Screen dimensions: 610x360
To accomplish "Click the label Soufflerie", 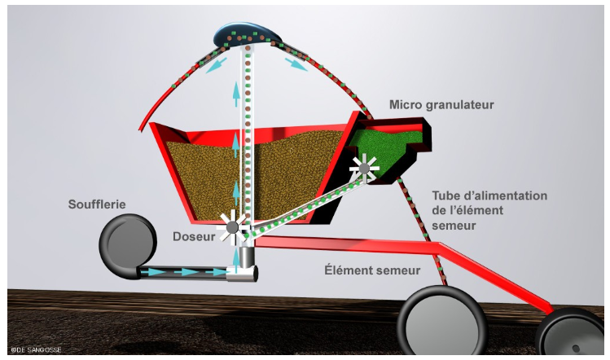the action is click(x=97, y=204).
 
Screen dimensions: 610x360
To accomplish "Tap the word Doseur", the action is click(x=194, y=236).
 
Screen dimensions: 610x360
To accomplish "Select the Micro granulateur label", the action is click(x=441, y=105).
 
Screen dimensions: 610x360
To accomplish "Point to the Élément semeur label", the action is click(x=372, y=270).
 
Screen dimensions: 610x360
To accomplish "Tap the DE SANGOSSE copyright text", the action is click(x=36, y=350).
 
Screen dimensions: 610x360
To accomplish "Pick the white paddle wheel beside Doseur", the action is click(x=232, y=227).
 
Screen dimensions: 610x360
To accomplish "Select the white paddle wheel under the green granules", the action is click(x=364, y=169).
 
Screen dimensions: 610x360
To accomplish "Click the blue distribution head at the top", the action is click(x=247, y=36).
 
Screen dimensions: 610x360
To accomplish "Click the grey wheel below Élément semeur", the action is click(x=442, y=321).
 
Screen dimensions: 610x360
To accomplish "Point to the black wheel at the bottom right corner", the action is click(x=571, y=335).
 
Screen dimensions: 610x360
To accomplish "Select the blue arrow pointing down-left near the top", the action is click(x=216, y=65).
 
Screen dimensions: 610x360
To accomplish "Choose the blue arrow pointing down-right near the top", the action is click(x=296, y=64).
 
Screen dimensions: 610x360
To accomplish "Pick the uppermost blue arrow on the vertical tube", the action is click(x=236, y=94).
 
